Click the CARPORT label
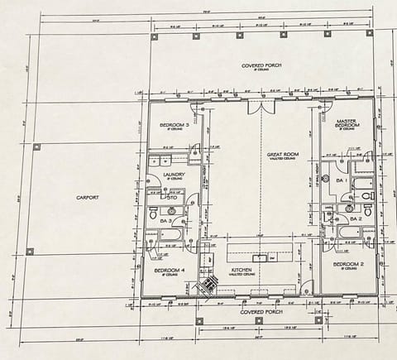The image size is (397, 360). click(87, 197)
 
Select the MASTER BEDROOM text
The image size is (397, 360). click(347, 124)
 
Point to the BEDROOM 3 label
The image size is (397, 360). click(175, 126)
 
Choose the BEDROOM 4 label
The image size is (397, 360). click(169, 271)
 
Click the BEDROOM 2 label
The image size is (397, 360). click(348, 265)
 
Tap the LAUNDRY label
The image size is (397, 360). click(174, 175)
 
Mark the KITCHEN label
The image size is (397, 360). click(242, 271)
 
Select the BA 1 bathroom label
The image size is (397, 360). click(340, 180)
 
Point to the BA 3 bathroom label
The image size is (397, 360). click(165, 221)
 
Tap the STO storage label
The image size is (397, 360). click(172, 198)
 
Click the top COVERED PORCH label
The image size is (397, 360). click(259, 65)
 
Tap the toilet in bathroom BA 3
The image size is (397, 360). click(153, 214)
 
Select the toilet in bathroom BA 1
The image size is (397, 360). click(366, 197)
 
